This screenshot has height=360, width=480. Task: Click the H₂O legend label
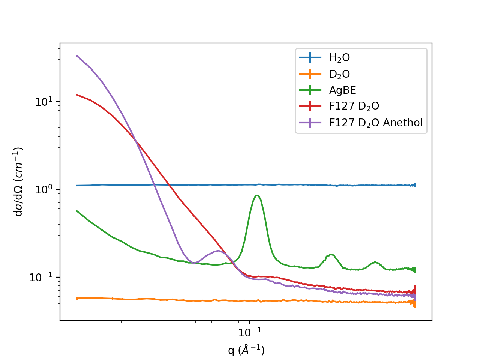[339, 58]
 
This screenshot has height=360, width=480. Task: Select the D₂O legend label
[339, 74]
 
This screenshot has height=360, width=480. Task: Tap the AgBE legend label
[342, 90]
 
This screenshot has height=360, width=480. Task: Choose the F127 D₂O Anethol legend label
[376, 123]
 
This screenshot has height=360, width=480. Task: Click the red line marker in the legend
[310, 106]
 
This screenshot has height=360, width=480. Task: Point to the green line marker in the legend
[310, 90]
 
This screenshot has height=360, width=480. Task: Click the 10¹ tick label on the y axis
[44, 102]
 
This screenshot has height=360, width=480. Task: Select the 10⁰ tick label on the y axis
[44, 189]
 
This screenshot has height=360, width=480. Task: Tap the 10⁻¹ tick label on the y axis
[41, 277]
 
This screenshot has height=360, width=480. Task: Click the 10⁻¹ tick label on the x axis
[250, 332]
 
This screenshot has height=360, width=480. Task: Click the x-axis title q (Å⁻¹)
[246, 350]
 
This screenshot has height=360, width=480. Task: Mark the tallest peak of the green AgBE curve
[257, 195]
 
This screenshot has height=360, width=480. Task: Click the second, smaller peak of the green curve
[330, 254]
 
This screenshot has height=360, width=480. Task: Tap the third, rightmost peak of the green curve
[375, 262]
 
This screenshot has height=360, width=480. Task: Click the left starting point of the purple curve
[77, 56]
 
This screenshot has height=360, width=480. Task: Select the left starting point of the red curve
[77, 94]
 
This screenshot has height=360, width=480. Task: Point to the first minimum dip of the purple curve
[193, 263]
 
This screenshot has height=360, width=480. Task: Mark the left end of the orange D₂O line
[77, 298]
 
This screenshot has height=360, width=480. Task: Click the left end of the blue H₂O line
[77, 185]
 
